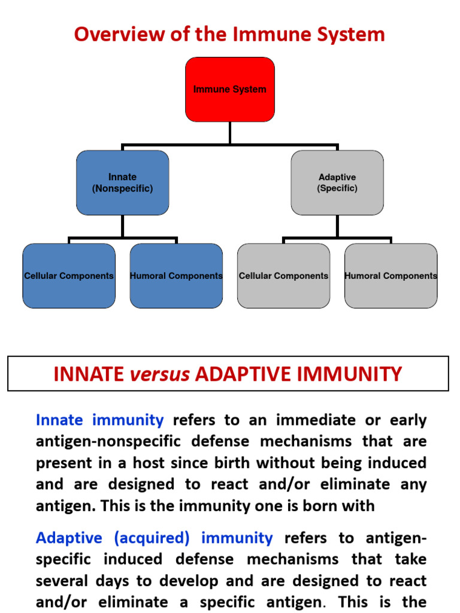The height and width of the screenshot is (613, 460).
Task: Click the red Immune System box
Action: [x=230, y=89]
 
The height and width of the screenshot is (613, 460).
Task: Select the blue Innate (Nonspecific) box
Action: [x=122, y=183]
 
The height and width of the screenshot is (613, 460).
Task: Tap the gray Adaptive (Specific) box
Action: [x=337, y=183]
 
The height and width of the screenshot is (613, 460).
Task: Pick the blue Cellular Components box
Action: [x=69, y=276]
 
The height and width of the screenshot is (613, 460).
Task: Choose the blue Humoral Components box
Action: [x=176, y=276]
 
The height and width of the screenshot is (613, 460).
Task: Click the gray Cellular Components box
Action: [x=283, y=276]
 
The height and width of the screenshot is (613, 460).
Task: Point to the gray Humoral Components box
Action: [x=391, y=276]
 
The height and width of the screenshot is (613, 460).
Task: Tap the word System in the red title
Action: [x=351, y=34]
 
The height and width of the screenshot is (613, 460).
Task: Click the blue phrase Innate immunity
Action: [x=99, y=420]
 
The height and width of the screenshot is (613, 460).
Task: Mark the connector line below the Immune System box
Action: [x=230, y=133]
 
